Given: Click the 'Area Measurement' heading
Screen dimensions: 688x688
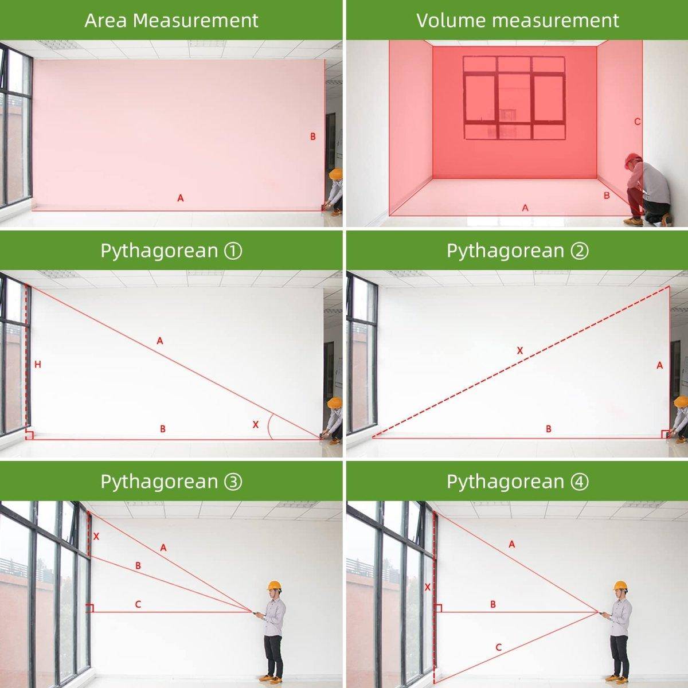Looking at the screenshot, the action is (x=171, y=20).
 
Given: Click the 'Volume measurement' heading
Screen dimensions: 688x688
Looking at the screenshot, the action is (x=518, y=20).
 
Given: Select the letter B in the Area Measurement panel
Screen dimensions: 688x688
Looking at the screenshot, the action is (x=313, y=136).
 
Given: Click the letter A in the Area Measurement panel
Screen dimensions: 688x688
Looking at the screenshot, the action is (x=181, y=198).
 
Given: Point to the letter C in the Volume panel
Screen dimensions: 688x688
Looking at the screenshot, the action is (x=638, y=122).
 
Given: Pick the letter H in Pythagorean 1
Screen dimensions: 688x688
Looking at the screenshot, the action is (x=38, y=364).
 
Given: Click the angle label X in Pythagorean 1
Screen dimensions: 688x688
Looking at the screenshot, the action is (x=256, y=424).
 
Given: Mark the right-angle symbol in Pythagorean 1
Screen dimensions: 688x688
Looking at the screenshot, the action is (x=29, y=435).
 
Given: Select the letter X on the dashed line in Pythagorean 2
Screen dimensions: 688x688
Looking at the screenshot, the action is (x=520, y=351).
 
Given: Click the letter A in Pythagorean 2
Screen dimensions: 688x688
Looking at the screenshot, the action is (x=660, y=365).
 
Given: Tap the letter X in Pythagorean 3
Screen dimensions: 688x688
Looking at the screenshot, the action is (x=96, y=536).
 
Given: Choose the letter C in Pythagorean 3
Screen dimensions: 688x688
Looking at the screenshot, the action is (x=138, y=604).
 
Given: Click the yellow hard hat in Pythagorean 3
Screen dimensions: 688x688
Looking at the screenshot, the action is (x=274, y=585).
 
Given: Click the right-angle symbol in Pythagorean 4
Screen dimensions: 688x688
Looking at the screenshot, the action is (x=438, y=608).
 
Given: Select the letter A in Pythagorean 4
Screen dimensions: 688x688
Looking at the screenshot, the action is (x=512, y=544).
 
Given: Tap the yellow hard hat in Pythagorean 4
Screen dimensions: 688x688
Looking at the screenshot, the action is (x=620, y=585).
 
